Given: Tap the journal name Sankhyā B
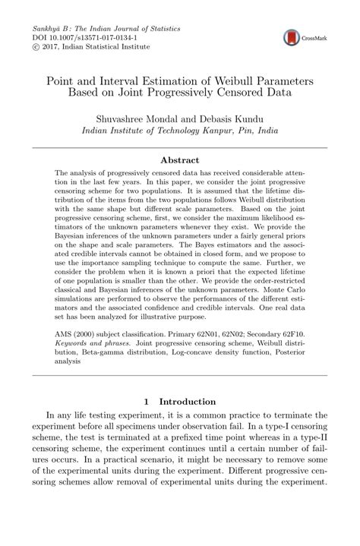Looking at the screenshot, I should tap(49, 26).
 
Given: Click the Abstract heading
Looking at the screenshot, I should tap(180, 160).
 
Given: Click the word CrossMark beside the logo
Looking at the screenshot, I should tap(313, 38).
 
